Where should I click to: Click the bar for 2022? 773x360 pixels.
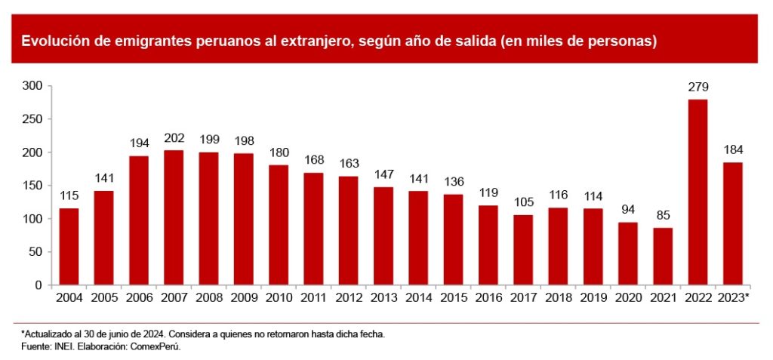[698, 192]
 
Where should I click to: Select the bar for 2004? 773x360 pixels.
[69, 247]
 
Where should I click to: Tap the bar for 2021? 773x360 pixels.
[663, 257]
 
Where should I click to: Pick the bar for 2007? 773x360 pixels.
[174, 218]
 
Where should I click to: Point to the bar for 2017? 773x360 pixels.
[523, 250]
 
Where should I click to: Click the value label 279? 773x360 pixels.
[698, 88]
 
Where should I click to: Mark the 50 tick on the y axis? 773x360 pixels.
[35, 252]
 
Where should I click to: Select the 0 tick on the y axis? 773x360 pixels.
[40, 285]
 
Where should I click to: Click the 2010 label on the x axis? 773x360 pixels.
[279, 298]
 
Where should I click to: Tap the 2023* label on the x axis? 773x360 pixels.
[733, 298]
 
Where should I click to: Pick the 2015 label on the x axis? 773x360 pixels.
[453, 298]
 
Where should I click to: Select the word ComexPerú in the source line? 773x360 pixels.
[159, 346]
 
